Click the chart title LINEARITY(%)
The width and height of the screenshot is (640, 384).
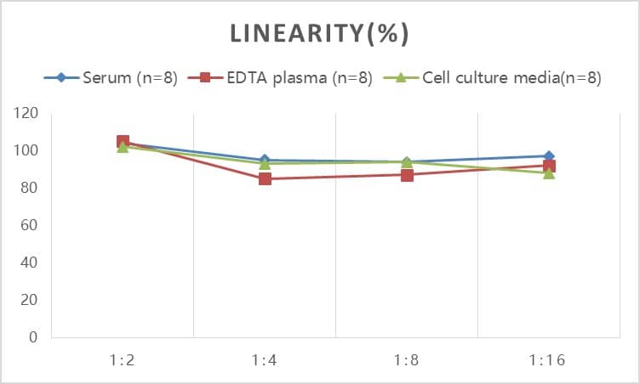coord(320,33)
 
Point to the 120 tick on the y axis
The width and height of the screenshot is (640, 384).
coord(27,114)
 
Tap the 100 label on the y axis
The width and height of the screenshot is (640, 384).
coord(27,151)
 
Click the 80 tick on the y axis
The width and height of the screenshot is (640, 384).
coord(31,188)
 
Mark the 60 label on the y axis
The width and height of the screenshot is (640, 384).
coord(31,225)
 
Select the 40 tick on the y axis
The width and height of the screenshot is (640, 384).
coord(31,263)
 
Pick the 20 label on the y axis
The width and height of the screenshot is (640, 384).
coord(31,300)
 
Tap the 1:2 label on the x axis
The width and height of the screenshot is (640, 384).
coord(123,360)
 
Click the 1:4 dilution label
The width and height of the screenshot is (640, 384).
coord(265,360)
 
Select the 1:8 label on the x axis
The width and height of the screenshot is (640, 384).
coord(407,360)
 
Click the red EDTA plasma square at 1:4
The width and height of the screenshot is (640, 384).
coord(265,178)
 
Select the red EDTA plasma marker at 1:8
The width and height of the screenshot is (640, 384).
coord(407,175)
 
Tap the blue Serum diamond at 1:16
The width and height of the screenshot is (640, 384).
coord(549,156)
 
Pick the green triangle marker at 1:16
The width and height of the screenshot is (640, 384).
coord(549,173)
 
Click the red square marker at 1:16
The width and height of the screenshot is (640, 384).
coord(549,167)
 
